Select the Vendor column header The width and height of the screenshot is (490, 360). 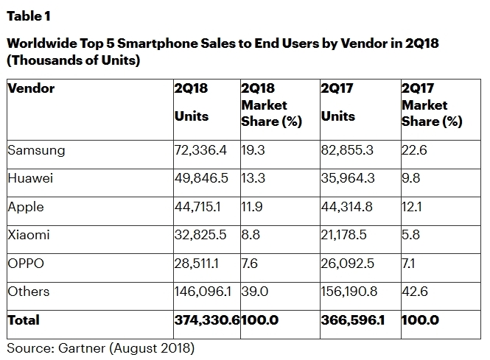coord(31,89)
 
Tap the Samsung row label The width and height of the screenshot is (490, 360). coord(36,150)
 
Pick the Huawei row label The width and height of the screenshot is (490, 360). coord(32,179)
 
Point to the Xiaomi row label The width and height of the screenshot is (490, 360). coord(29,236)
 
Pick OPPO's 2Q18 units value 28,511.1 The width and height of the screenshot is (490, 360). coord(199,264)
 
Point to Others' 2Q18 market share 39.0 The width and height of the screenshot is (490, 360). coord(254,292)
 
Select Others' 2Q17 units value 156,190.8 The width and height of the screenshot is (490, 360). coord(350,292)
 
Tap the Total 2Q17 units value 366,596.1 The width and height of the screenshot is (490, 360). coord(353,320)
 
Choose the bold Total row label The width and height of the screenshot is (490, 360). coord(24,320)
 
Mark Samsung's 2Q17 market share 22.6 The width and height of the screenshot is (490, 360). coord(413,150)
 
